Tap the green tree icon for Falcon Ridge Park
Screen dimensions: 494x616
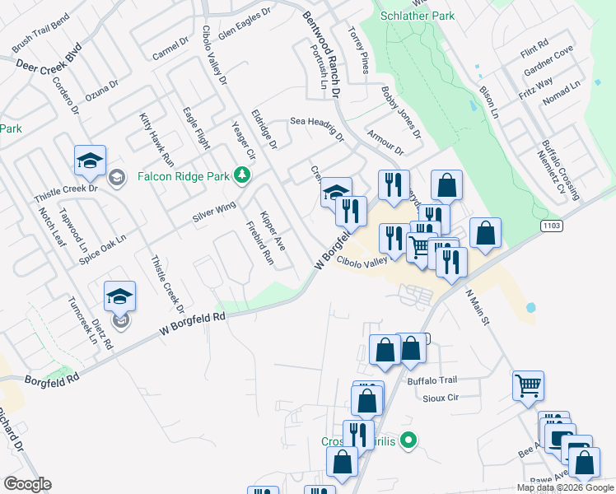click(241, 175)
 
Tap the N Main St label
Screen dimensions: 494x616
click(478, 305)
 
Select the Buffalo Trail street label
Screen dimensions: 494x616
click(432, 380)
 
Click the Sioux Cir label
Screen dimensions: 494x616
click(438, 398)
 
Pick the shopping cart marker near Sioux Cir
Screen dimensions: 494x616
click(528, 385)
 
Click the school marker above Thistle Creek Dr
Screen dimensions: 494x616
click(91, 161)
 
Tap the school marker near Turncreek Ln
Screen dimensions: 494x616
click(119, 297)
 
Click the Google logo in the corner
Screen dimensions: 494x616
click(27, 484)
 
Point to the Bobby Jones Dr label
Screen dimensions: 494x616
click(401, 112)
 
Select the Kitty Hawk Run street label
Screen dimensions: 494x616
click(156, 140)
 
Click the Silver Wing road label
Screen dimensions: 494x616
click(214, 211)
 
